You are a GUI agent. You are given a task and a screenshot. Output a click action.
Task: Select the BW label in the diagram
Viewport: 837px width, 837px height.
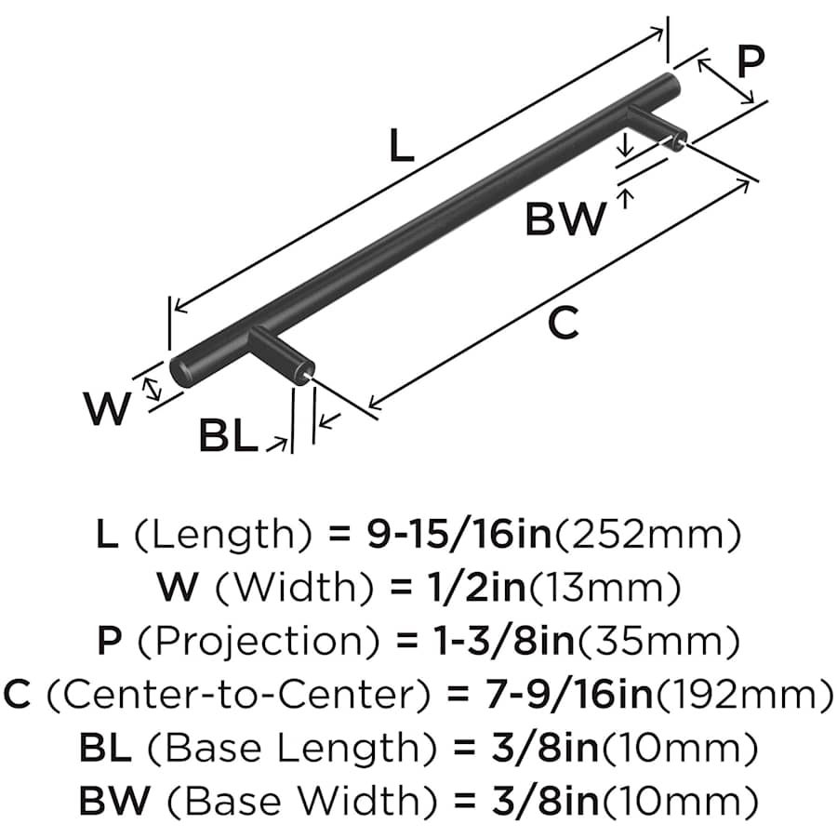coord(565,219)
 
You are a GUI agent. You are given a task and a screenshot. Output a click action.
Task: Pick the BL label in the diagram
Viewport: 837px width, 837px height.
coord(228,435)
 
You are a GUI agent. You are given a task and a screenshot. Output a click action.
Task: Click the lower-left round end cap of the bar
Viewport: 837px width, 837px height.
coord(182,369)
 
